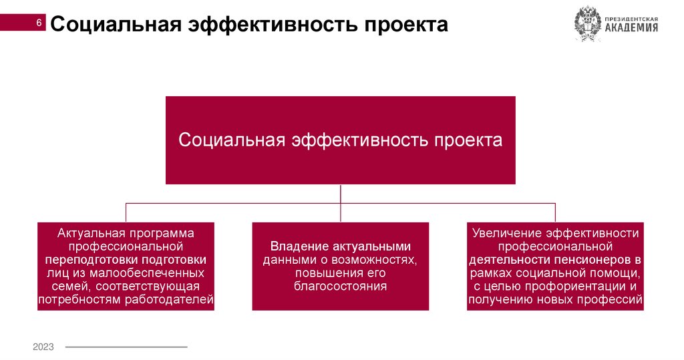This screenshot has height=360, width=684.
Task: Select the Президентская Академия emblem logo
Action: [x=588, y=24]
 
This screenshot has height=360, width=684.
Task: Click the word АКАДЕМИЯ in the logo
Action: [x=632, y=28]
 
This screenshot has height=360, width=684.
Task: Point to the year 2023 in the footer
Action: [x=43, y=347]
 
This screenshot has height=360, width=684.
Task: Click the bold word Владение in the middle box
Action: [x=298, y=246]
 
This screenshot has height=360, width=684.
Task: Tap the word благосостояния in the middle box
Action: [x=340, y=287]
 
